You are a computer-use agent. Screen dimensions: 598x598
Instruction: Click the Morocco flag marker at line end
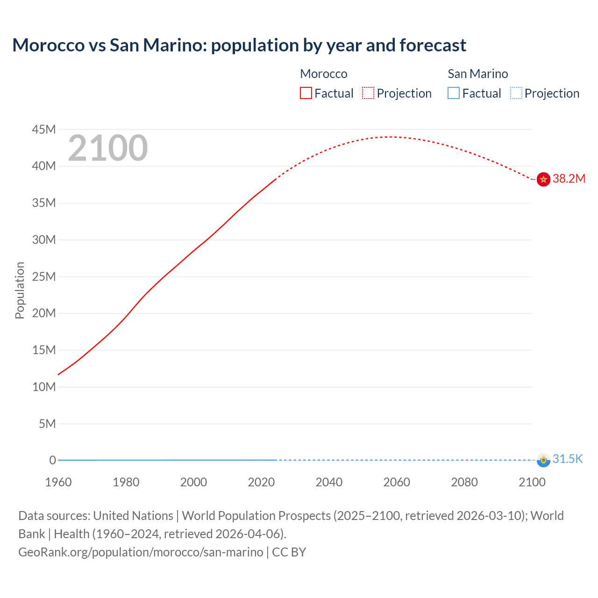pyautogui.click(x=543, y=179)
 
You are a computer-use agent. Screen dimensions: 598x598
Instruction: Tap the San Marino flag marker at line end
pyautogui.click(x=543, y=460)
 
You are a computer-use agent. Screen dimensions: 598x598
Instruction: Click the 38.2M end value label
pyautogui.click(x=569, y=179)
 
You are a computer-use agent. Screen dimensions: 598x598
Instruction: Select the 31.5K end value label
pyautogui.click(x=568, y=459)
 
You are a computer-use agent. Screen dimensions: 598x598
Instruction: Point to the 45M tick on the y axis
pyautogui.click(x=44, y=129)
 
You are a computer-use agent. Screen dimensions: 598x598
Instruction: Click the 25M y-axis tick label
pyautogui.click(x=44, y=277)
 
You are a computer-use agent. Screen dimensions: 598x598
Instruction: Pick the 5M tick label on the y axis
pyautogui.click(x=47, y=424)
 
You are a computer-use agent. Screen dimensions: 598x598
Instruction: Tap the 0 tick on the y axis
pyautogui.click(x=52, y=460)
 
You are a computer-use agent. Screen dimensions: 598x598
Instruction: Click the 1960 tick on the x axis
pyautogui.click(x=58, y=482)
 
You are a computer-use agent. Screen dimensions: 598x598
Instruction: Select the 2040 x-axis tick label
pyautogui.click(x=329, y=482)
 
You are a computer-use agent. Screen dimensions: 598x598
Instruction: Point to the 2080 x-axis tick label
pyautogui.click(x=464, y=482)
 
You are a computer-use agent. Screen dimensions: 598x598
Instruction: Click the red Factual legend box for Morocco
pyautogui.click(x=306, y=93)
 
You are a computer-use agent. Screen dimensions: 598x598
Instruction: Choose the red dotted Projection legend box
pyautogui.click(x=368, y=93)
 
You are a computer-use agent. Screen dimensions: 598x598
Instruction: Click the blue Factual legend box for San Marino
pyautogui.click(x=454, y=93)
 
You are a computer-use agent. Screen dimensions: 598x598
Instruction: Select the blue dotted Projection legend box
pyautogui.click(x=516, y=93)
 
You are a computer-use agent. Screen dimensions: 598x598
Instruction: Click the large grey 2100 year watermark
pyautogui.click(x=108, y=148)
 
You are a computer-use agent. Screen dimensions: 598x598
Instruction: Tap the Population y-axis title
pyautogui.click(x=20, y=290)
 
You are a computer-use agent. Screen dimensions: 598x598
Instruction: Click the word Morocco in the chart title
pyautogui.click(x=48, y=45)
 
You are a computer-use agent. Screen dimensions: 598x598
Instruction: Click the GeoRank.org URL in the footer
pyautogui.click(x=141, y=552)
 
